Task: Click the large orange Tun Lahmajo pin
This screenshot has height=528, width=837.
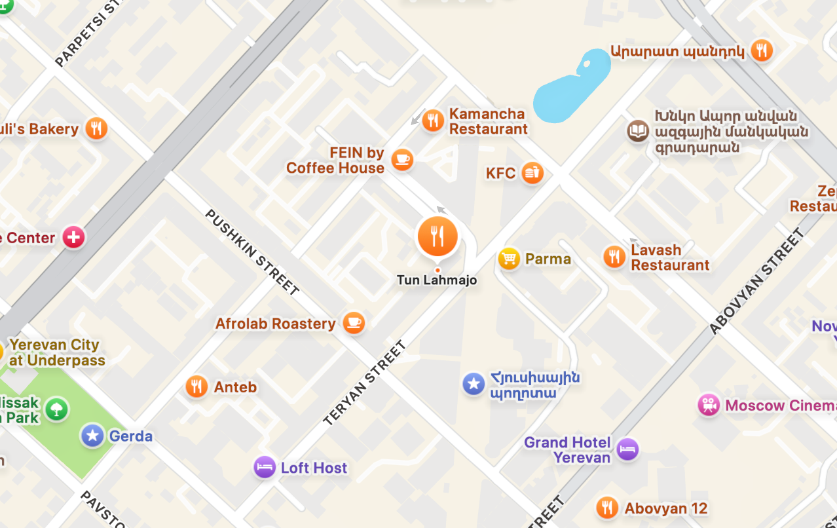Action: pos(437,236)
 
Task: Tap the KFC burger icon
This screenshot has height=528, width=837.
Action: pos(532,173)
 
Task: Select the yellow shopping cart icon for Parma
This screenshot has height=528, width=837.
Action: pos(509,259)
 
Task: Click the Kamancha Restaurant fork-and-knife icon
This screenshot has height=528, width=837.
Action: pos(432,121)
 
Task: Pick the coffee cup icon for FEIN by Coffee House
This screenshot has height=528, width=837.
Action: pos(402,159)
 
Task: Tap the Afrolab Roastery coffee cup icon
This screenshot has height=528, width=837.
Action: pos(354,322)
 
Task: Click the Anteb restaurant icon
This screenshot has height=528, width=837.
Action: pos(196,387)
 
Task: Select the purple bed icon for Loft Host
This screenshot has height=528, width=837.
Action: pos(265,467)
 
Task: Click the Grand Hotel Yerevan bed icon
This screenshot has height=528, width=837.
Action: pos(627,449)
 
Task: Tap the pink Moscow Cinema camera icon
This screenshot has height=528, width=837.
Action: pos(709,405)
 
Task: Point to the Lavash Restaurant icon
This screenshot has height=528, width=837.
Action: pos(614,257)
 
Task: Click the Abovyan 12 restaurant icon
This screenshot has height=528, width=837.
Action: pos(607,508)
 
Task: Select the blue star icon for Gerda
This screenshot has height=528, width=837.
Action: pos(92,436)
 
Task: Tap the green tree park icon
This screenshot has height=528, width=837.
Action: pos(57,409)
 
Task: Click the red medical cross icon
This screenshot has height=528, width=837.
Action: pos(73,237)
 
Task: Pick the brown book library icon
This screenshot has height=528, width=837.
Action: pos(637,131)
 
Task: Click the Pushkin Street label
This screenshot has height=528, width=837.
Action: pos(252,252)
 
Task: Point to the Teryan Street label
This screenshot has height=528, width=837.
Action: pos(365,383)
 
